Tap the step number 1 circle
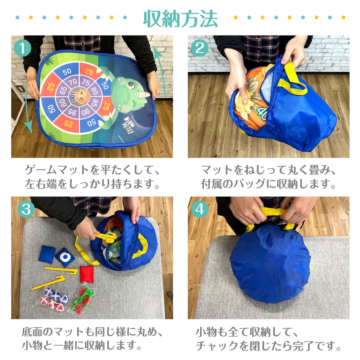coord(22,48)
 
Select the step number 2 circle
coord(199,48)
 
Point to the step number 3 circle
coord(26,209)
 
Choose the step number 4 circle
coord(199,209)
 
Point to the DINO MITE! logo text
coord(128,125)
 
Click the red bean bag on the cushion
coord(87,274)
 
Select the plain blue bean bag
coord(47,254)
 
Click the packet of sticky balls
coord(54,299)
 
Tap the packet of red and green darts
coord(82,300)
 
